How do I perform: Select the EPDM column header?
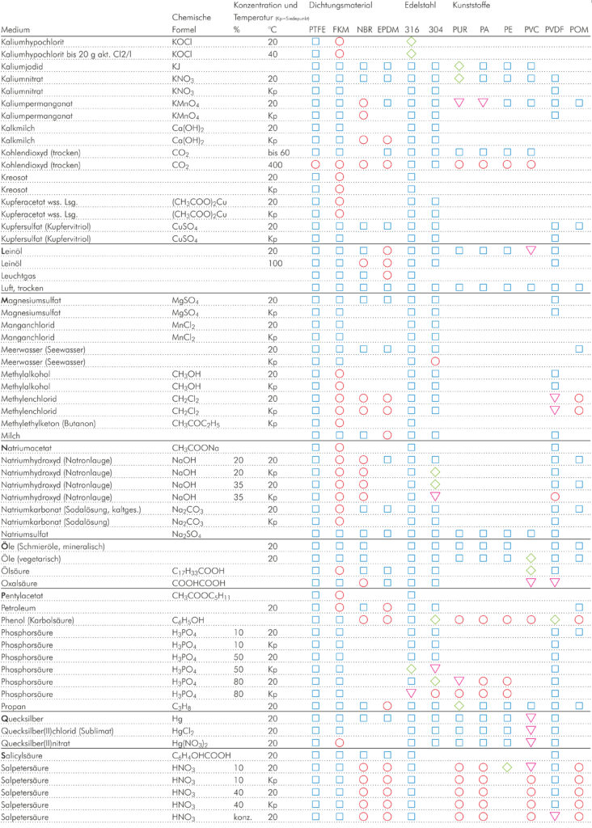coord(387,30)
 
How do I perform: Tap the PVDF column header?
coord(555,30)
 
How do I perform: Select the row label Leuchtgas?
coord(20,276)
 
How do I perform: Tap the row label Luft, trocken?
coord(24,288)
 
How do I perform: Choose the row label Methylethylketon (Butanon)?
coord(50,423)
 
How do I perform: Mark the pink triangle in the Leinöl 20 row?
coord(531,251)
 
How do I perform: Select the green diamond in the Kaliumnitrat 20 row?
coord(459,78)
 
